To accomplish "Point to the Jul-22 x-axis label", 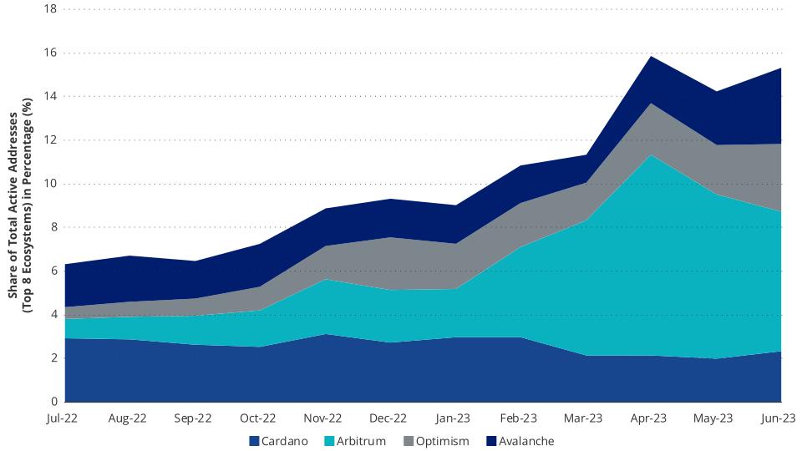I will pos(63,418).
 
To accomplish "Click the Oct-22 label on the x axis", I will pos(258,418).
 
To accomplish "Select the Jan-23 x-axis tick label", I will pos(453,418).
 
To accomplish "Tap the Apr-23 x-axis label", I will pos(649,418).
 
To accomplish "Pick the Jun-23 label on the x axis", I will pos(779,418).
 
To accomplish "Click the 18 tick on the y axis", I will pos(49,9).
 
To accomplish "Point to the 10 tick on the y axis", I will pos(49,184).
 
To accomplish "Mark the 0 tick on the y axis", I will pos(53,402).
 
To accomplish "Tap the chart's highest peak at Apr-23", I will pos(649,56).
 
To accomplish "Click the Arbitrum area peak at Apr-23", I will pos(649,155).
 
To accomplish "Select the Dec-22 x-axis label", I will pos(388,418).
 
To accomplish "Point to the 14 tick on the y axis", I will pos(49,96).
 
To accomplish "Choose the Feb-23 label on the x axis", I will pos(518,418).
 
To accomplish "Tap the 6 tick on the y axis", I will pos(53,271).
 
